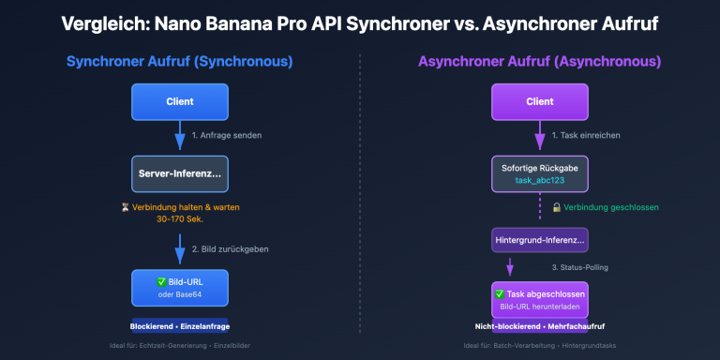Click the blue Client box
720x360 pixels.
[x=179, y=102]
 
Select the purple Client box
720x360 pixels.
[x=540, y=102]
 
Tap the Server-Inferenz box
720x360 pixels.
[x=179, y=174]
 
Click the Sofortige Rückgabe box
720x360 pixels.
[x=540, y=174]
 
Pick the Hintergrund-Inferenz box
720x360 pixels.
[x=540, y=241]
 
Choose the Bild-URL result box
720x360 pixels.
[x=179, y=287]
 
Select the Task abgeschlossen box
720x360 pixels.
[x=540, y=299]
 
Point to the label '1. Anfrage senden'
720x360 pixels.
[x=226, y=135]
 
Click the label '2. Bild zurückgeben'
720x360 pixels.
[x=231, y=248]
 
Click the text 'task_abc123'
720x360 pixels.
[x=540, y=181]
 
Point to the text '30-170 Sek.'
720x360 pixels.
[x=180, y=219]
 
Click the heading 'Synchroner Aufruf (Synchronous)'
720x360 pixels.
[x=179, y=62]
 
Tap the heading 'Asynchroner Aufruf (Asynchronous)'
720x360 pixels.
[x=540, y=62]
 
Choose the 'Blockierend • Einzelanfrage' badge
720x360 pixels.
[x=179, y=326]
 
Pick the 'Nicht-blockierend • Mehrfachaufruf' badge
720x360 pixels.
[x=540, y=327]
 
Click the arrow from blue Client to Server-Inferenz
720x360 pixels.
[x=179, y=137]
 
